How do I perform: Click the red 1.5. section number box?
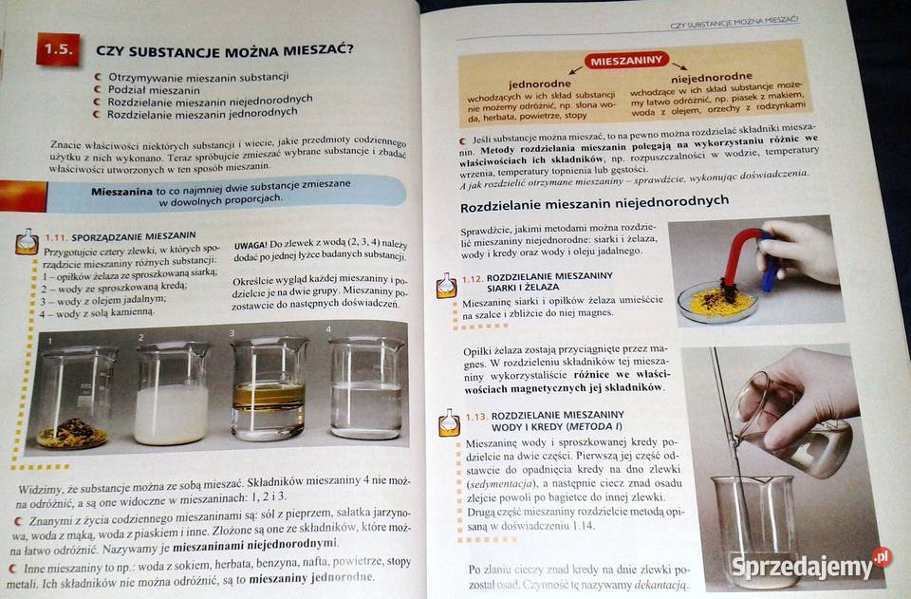(x=58, y=48)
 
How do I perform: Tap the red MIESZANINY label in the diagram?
(x=625, y=61)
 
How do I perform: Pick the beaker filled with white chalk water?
(x=171, y=395)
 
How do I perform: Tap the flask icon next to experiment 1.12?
(x=447, y=284)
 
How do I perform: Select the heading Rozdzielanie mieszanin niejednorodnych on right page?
(x=594, y=202)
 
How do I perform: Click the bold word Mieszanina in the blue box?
(x=121, y=190)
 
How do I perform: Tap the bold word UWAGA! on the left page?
(x=251, y=245)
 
